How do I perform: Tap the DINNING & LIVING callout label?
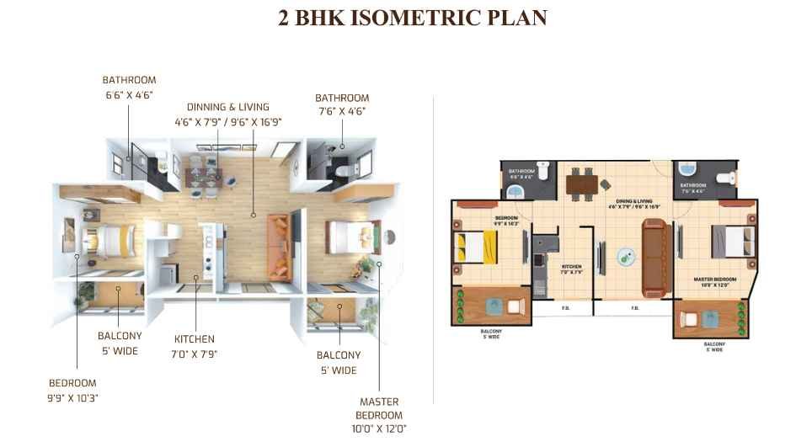pyautogui.click(x=228, y=114)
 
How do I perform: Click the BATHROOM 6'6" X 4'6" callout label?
pyautogui.click(x=129, y=88)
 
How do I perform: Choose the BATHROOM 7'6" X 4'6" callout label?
pyautogui.click(x=342, y=104)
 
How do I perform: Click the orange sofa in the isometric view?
pyautogui.click(x=279, y=246)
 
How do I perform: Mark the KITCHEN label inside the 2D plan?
pyautogui.click(x=572, y=268)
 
